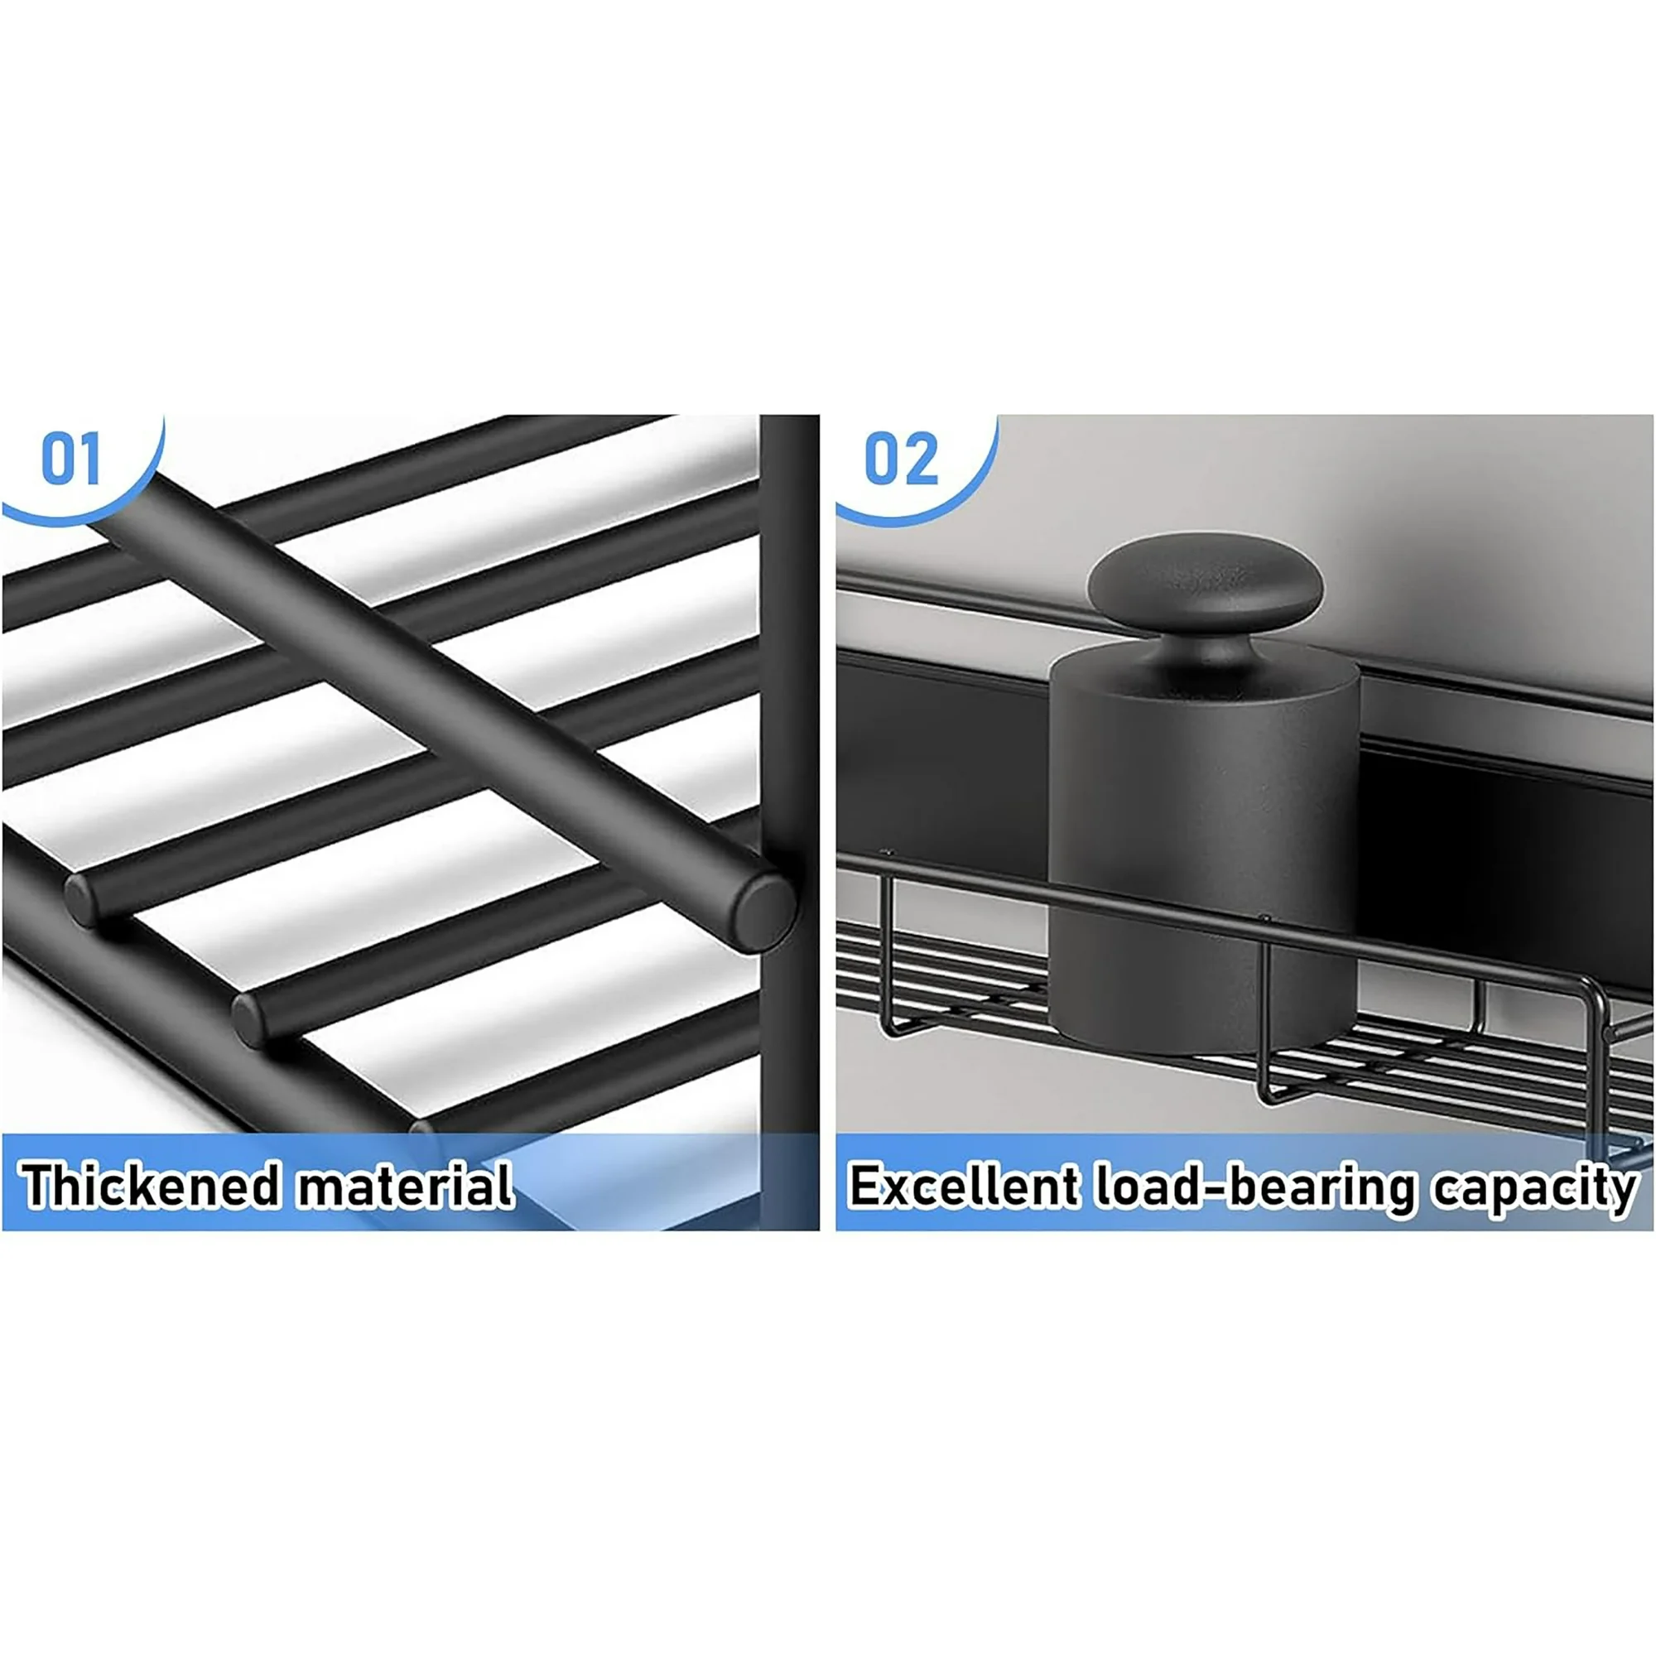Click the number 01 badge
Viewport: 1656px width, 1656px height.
coord(72,460)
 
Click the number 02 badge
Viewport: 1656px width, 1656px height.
coord(901,460)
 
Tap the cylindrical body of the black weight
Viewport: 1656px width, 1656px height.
coord(1204,849)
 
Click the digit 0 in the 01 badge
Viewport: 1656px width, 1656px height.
coord(58,460)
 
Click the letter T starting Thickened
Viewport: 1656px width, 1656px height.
coord(41,1186)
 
